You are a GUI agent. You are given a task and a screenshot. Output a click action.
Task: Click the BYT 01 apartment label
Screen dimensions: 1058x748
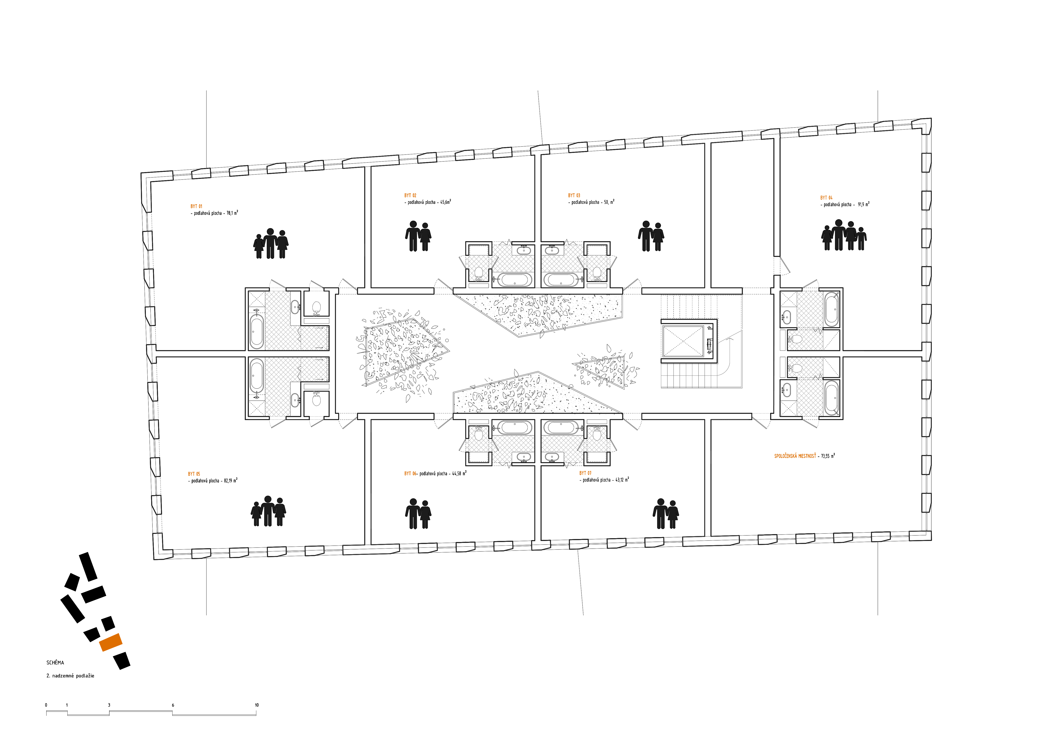(x=196, y=206)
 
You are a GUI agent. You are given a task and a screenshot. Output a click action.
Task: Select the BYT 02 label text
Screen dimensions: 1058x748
(x=410, y=195)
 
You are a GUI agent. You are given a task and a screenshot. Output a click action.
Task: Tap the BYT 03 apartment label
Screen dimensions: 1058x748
(x=574, y=195)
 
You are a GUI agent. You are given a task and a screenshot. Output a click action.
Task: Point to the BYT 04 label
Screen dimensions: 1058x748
(x=826, y=198)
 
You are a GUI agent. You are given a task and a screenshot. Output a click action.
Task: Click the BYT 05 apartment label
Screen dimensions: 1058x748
(x=194, y=474)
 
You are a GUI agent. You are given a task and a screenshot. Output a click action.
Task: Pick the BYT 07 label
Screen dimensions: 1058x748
(x=585, y=473)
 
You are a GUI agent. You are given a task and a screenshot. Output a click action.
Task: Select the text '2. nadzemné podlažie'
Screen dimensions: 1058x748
(x=70, y=676)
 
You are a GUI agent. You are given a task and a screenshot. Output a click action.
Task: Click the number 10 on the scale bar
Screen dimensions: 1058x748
(x=257, y=705)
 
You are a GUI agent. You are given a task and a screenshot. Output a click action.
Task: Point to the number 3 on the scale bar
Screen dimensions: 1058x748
(x=109, y=705)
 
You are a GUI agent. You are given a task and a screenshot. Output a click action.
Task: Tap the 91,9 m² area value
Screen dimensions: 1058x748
(x=864, y=204)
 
